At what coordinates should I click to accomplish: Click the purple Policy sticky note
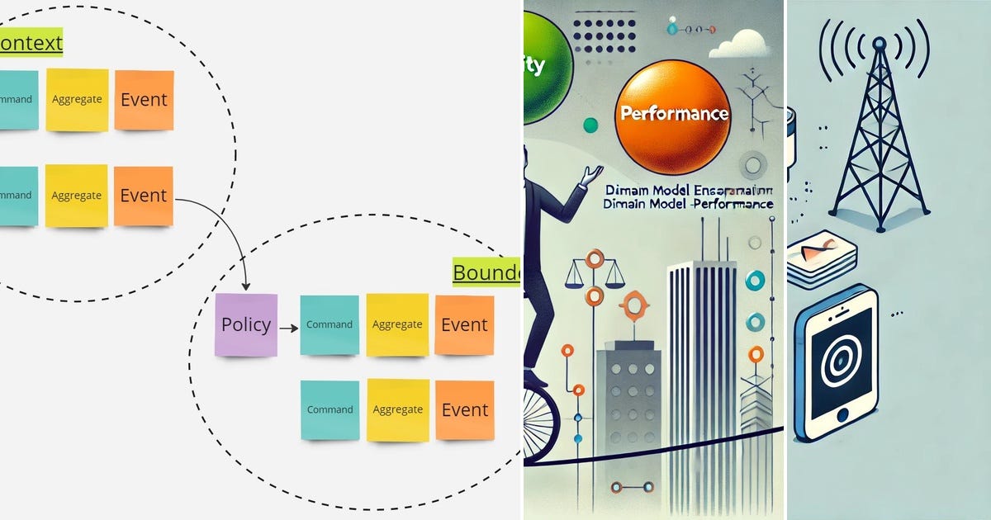tap(245, 325)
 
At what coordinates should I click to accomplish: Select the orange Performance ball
tap(673, 117)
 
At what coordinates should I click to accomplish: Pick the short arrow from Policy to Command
tap(288, 328)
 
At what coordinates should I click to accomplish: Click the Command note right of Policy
tap(330, 325)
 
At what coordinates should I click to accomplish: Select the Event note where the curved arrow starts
tap(143, 196)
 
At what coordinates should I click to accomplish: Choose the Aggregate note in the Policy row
tap(397, 325)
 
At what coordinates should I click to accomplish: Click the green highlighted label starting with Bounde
tap(486, 272)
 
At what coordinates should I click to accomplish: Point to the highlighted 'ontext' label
tap(31, 43)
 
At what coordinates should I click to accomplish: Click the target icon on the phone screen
tap(837, 362)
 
